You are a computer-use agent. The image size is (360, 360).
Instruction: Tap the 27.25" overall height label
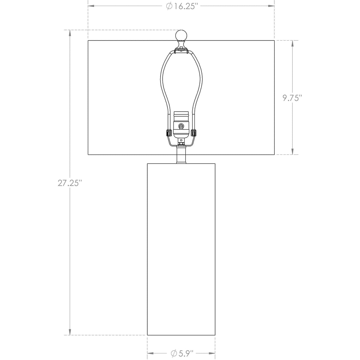coord(70,183)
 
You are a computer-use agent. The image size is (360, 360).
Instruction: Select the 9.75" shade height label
coord(292,98)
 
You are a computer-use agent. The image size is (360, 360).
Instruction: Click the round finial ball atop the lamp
coord(181,35)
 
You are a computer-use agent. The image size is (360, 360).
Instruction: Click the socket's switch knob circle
coord(181,126)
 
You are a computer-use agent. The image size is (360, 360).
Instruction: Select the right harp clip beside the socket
coord(193,133)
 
